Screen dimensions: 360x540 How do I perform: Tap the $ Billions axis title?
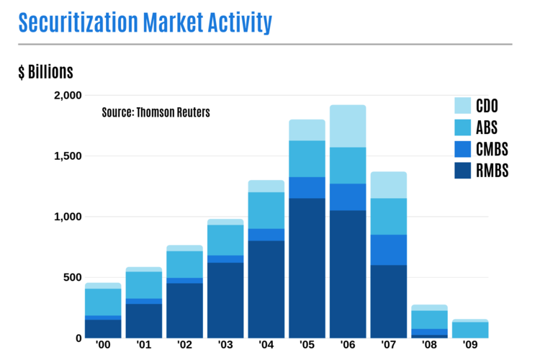(x=45, y=72)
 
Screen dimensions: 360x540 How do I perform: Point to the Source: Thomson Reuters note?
(x=156, y=112)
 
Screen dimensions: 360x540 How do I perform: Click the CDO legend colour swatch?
(x=463, y=106)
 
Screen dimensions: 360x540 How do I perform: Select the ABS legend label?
(x=487, y=127)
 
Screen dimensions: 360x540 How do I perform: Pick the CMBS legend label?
(x=492, y=149)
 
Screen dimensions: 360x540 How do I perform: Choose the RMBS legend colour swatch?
(x=463, y=171)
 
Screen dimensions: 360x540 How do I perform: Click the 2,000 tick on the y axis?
(x=68, y=96)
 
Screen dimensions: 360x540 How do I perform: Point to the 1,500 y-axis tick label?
(x=68, y=156)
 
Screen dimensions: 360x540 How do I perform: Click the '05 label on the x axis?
(x=307, y=346)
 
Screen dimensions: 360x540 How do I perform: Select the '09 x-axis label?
(x=471, y=346)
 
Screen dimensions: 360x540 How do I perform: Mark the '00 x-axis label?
(x=102, y=346)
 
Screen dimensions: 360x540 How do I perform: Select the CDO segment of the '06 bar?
(x=348, y=126)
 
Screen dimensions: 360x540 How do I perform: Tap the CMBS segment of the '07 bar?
(x=389, y=250)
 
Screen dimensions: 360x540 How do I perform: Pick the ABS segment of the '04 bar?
(x=266, y=210)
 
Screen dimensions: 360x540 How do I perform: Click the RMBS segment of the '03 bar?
(x=225, y=300)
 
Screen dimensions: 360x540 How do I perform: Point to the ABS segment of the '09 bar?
(x=471, y=330)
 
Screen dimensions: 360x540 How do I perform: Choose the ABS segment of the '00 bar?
(x=102, y=302)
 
